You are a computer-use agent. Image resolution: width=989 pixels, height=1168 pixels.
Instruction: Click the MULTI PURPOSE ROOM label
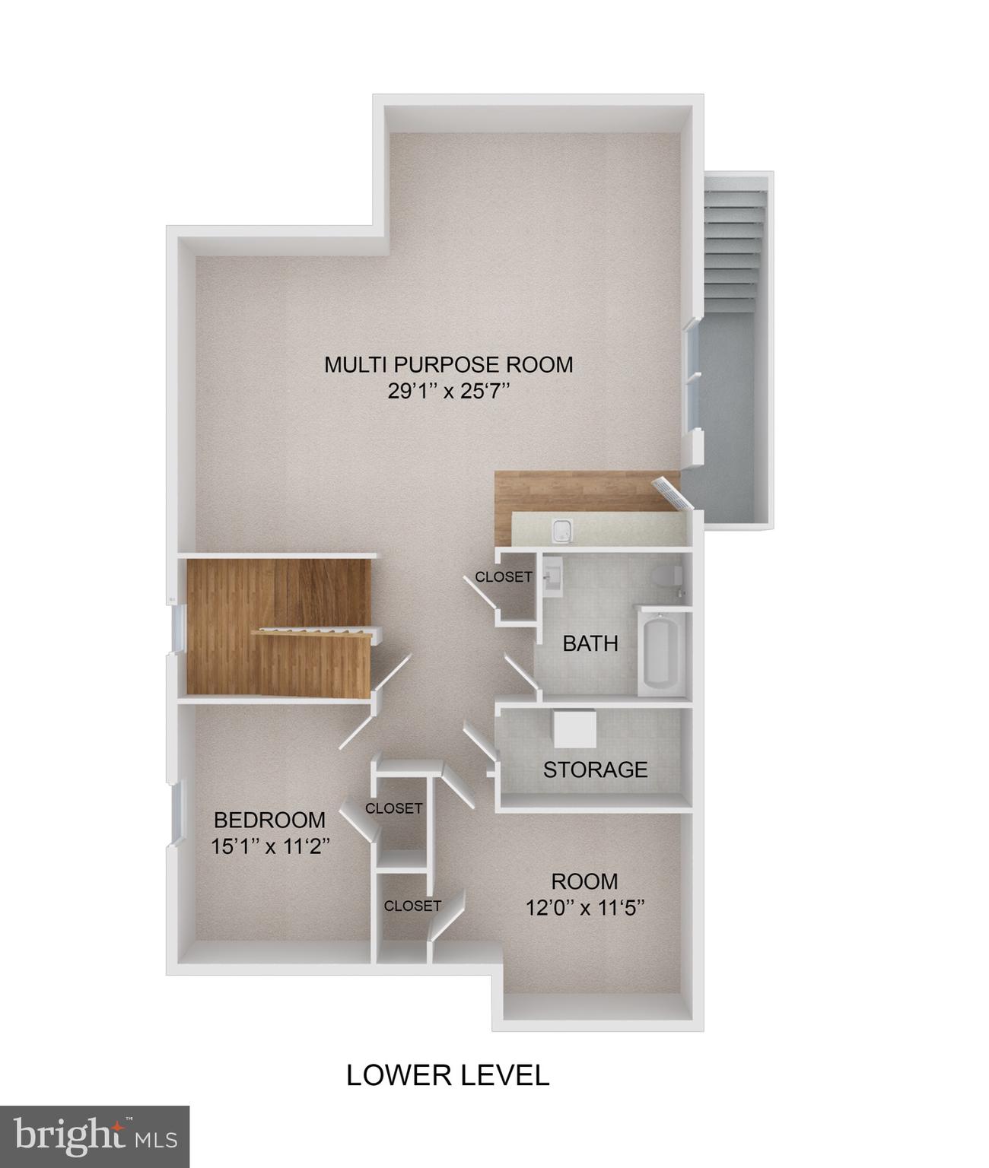448,364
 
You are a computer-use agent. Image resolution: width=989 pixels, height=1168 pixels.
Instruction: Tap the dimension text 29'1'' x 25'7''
448,392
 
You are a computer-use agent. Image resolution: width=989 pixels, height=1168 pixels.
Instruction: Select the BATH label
590,644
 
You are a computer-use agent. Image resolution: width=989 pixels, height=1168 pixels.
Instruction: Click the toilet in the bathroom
666,576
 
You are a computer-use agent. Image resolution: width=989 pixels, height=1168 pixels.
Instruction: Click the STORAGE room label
595,770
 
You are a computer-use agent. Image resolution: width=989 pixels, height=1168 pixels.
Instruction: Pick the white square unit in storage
574,730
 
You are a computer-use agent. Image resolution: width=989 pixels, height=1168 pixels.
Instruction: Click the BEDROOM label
269,820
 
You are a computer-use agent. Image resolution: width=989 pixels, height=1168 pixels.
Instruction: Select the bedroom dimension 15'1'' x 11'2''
269,846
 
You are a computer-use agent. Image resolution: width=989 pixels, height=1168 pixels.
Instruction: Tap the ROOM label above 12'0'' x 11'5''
584,881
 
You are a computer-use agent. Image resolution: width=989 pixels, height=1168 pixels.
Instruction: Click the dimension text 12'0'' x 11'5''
584,907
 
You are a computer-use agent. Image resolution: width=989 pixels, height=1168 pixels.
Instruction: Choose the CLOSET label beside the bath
504,577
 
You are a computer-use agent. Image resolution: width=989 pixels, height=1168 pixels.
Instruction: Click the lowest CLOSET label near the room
412,906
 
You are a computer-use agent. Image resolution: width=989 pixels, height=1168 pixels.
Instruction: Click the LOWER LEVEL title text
447,1075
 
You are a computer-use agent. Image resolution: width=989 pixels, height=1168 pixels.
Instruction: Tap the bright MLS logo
94,1136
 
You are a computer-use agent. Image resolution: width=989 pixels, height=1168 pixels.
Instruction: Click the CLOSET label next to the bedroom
393,808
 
